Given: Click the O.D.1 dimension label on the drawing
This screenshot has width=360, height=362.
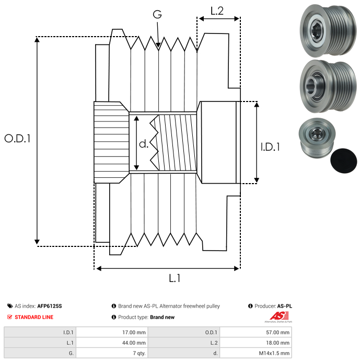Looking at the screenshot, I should (18, 139).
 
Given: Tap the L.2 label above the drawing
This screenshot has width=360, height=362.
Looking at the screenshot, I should (217, 10).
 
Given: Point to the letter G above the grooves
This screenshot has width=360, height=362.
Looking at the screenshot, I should (157, 14).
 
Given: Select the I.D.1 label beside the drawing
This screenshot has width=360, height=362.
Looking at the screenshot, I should (270, 148).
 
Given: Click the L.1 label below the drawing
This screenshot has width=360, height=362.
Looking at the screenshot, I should (175, 278).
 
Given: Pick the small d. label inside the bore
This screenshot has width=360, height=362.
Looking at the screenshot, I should (144, 143).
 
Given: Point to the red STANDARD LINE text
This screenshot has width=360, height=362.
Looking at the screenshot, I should (34, 317).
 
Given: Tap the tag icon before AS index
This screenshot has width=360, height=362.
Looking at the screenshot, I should (10, 306).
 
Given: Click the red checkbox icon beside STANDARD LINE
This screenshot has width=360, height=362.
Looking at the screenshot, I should (10, 317).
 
